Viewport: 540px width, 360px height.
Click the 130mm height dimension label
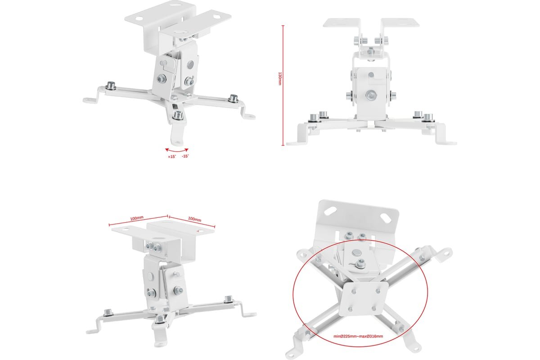[280, 79]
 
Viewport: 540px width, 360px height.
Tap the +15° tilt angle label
[172, 157]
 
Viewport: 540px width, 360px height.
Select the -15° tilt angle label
[185, 156]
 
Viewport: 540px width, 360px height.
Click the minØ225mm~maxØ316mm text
[358, 336]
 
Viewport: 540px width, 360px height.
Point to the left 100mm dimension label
[137, 218]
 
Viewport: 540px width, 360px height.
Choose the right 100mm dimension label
[194, 219]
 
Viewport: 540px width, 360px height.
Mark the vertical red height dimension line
[283, 85]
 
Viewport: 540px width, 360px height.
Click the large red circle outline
[293, 293]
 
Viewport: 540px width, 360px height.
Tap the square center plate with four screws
[363, 299]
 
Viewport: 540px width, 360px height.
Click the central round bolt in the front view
[371, 95]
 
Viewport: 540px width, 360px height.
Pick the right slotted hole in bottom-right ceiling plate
[386, 218]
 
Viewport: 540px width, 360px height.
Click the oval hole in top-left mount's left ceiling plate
[139, 18]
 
